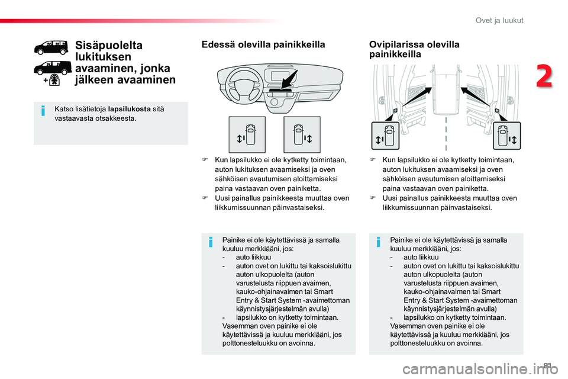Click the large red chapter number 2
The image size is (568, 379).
click(544, 76)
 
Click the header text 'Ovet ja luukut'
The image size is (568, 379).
click(499, 20)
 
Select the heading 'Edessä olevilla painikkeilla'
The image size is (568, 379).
click(263, 44)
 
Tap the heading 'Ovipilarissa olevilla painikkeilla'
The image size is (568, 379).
click(414, 49)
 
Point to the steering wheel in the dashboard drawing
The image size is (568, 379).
click(243, 86)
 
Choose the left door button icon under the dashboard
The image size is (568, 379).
click(247, 134)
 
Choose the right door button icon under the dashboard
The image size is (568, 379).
click(302, 134)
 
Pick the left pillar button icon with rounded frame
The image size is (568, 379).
click(385, 136)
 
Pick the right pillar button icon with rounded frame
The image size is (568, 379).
click(507, 136)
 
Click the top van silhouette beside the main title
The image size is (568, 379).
click(51, 47)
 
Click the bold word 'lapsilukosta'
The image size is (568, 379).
click(130, 109)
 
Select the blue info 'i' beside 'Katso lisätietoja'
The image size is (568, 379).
click(43, 111)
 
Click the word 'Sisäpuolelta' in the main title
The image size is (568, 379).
click(109, 46)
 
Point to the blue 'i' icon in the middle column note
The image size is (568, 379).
click(211, 242)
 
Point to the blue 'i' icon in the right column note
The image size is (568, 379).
click(378, 242)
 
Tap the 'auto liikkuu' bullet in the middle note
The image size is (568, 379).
click(253, 257)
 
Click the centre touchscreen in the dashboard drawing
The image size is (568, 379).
click(280, 77)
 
